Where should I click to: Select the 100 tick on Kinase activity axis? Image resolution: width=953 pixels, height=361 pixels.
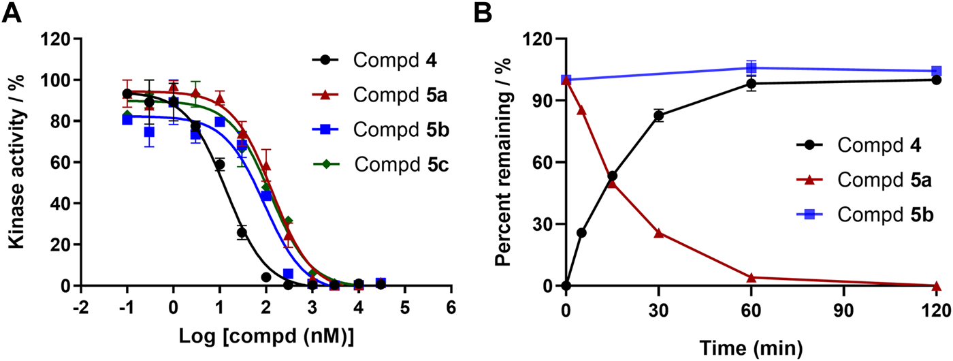point(60,80)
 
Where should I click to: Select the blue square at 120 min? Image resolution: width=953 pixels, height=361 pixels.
point(936,71)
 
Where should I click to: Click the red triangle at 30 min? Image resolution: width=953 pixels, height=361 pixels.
point(658,233)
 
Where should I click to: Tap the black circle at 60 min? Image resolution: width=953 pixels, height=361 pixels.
point(751,84)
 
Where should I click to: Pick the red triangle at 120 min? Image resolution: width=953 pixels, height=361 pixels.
point(936,285)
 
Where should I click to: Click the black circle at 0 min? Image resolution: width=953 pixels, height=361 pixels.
point(566,285)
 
